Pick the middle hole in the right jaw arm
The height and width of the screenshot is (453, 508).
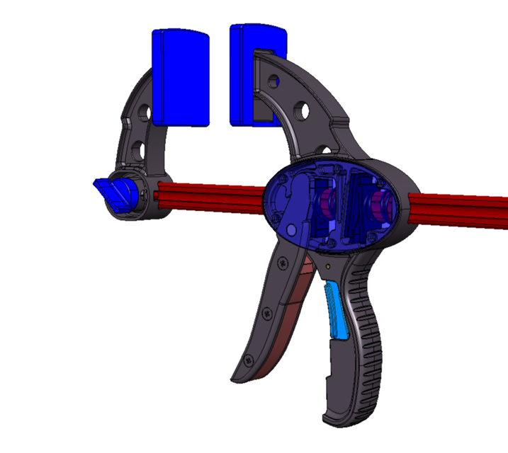[301, 110]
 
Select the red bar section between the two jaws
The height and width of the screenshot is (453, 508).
[213, 195]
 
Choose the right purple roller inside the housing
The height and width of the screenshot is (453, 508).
[379, 207]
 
